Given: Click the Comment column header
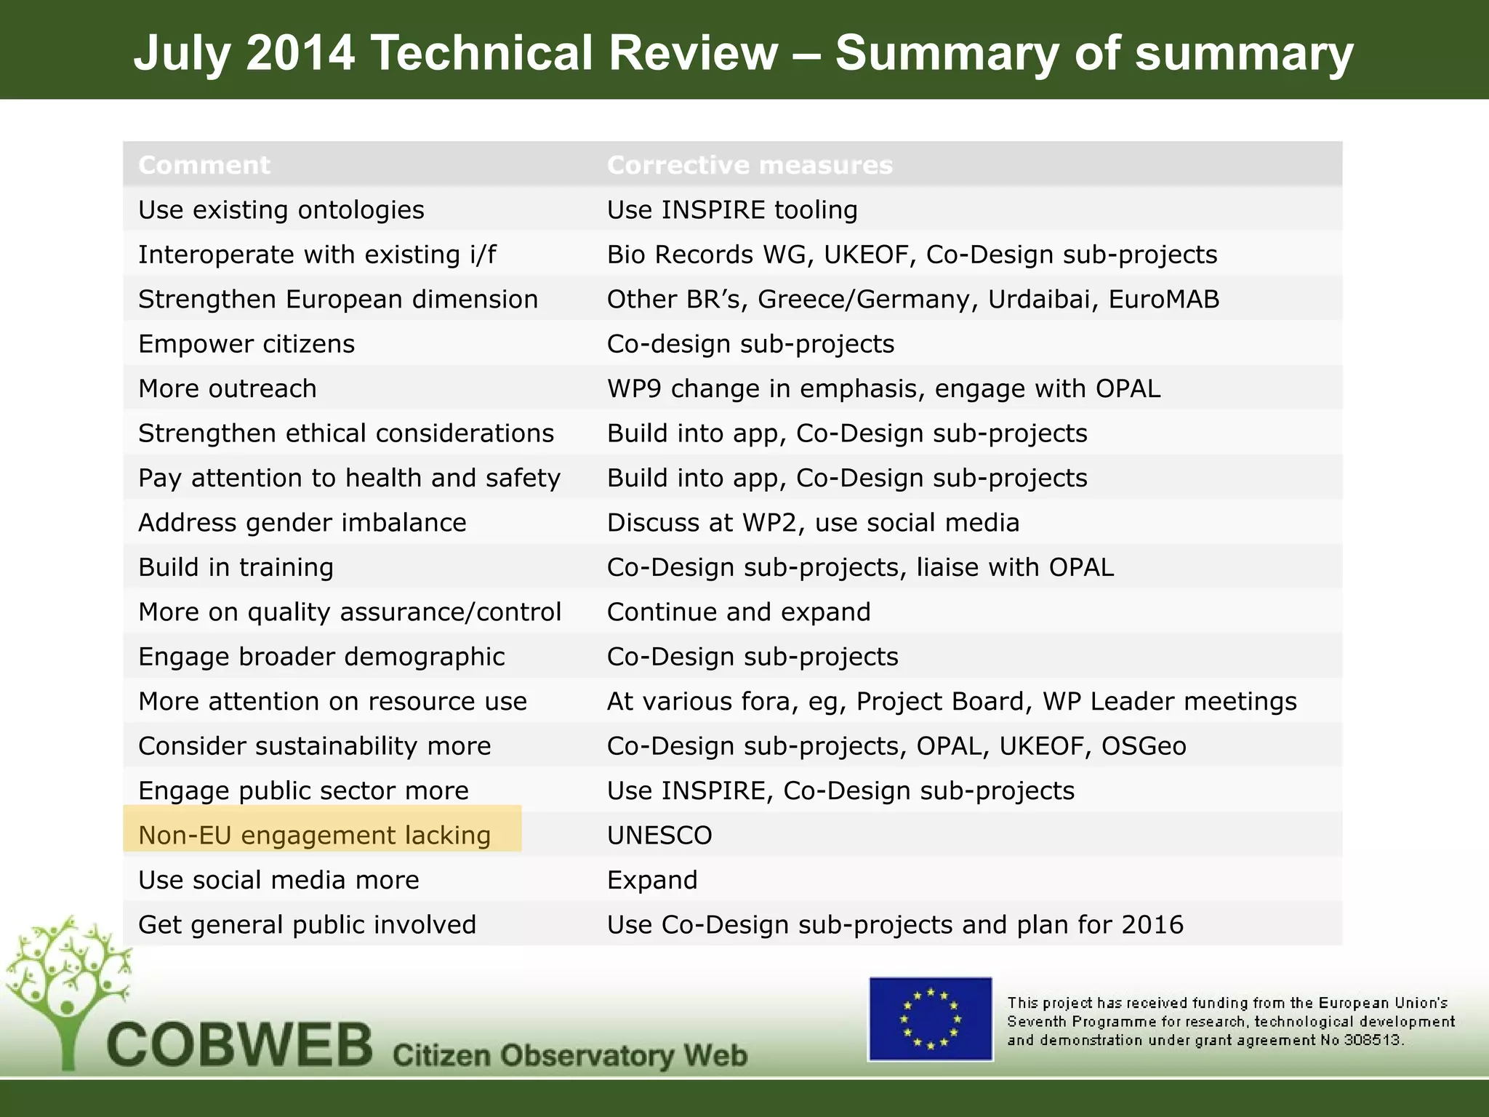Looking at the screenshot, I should (204, 165).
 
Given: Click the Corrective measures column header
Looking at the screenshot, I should (750, 165).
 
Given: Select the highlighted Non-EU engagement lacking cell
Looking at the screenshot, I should (315, 835).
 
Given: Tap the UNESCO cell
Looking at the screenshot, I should (659, 835).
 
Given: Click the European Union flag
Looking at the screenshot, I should (930, 1018).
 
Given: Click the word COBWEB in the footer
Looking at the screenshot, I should (240, 1046).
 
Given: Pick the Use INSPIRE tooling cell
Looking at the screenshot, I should (732, 209).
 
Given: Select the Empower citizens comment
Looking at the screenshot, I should (246, 343).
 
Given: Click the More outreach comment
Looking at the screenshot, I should (228, 388).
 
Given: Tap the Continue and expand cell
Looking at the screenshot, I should (739, 612).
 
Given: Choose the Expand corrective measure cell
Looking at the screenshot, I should (652, 880).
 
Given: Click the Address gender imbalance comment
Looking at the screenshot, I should (302, 522).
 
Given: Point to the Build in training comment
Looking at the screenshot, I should (236, 567).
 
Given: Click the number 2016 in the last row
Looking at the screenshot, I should (1152, 924).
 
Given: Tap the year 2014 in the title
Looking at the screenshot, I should (300, 53).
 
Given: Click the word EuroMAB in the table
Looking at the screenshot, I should (1163, 299).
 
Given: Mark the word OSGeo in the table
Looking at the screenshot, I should (1144, 746).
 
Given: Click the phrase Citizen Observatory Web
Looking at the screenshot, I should (570, 1054).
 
